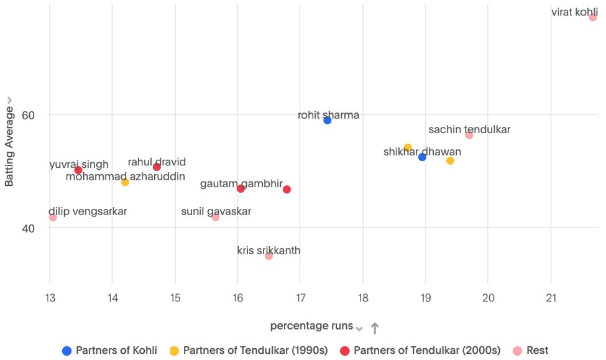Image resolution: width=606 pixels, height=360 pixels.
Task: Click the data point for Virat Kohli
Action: click(x=592, y=17)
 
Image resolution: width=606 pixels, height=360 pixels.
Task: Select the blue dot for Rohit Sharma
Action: click(x=328, y=120)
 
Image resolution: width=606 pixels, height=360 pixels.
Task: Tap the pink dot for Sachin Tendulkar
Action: click(x=469, y=135)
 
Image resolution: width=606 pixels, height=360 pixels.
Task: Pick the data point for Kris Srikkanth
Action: click(x=269, y=256)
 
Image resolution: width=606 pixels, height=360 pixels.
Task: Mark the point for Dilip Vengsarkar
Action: click(x=53, y=217)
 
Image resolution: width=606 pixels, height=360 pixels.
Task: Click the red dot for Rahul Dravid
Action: click(x=157, y=167)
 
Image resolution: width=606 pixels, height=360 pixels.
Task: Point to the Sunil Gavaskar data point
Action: click(x=216, y=217)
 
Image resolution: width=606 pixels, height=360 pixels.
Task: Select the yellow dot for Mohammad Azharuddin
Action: click(x=125, y=182)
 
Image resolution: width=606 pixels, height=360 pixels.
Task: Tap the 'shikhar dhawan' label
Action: click(x=422, y=152)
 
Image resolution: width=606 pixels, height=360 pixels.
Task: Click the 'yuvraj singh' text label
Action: click(x=79, y=164)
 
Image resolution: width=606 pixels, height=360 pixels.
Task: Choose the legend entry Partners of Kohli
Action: click(x=109, y=351)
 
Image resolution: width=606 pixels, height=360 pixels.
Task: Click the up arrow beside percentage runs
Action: click(x=375, y=328)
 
